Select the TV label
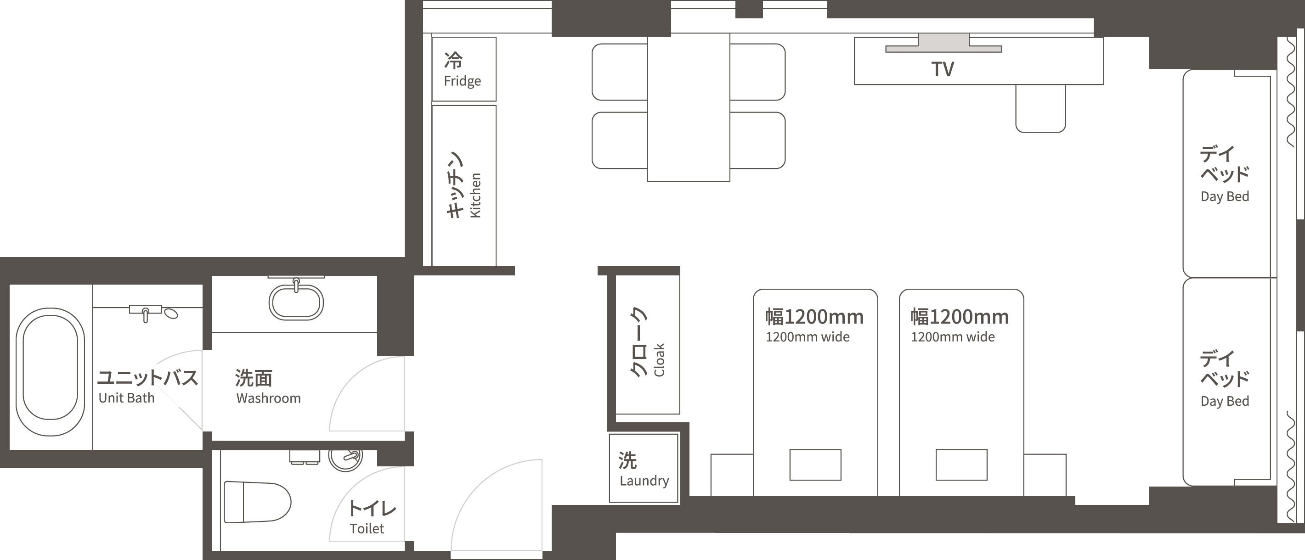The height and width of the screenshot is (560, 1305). (942, 69)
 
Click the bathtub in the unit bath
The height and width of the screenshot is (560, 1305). (50, 371)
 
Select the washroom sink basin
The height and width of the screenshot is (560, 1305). (296, 303)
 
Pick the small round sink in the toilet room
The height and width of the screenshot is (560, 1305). (345, 458)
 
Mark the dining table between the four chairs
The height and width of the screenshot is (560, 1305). (689, 107)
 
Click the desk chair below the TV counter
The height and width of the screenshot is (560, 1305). (1040, 108)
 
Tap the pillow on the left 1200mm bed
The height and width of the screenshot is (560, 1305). (815, 465)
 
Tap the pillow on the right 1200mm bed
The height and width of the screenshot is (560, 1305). (961, 465)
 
